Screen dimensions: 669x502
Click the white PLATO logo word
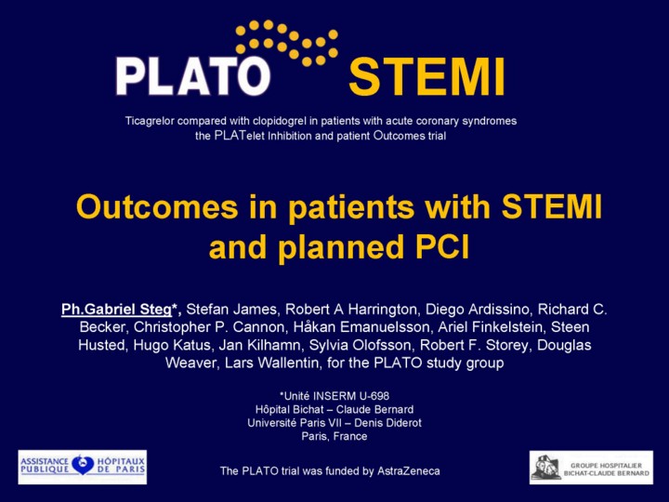coord(193,76)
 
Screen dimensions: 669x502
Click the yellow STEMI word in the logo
coord(427,77)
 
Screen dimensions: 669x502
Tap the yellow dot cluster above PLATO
coord(287,42)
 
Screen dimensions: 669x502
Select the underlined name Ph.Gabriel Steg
coord(116,309)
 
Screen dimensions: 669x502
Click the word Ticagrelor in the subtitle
coord(150,121)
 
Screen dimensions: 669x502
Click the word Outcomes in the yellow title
coord(157,206)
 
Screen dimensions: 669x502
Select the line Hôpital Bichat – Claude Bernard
coord(334,409)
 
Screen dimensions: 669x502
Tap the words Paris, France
coord(334,436)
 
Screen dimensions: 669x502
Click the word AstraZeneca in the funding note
coord(409,470)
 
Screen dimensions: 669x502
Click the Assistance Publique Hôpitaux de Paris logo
coord(83,467)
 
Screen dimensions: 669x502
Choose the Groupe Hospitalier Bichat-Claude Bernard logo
coord(591,468)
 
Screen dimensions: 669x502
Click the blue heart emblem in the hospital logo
coord(83,465)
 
